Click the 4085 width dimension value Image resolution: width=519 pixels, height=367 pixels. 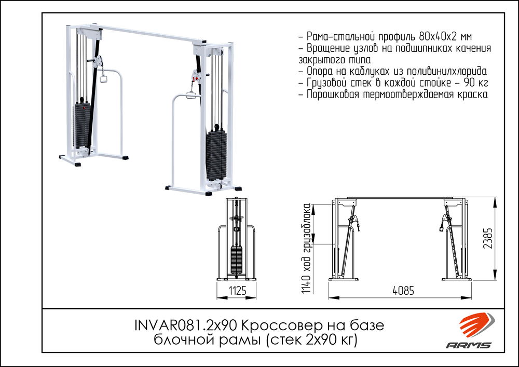[403, 291]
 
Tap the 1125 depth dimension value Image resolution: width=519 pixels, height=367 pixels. [237, 291]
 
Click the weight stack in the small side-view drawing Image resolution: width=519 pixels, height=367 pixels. [237, 260]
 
